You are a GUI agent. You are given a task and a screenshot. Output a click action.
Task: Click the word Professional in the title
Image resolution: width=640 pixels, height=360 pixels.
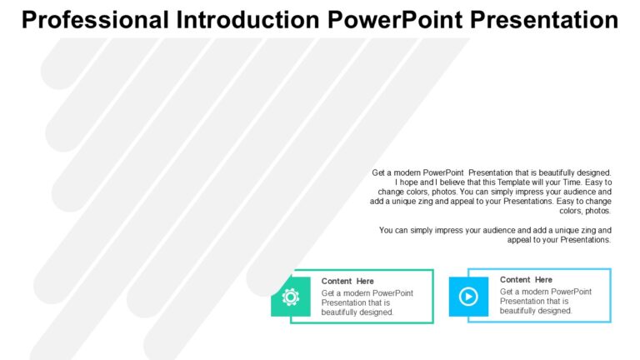click(x=95, y=20)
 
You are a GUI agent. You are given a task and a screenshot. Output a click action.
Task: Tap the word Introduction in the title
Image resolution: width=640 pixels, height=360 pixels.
click(x=248, y=20)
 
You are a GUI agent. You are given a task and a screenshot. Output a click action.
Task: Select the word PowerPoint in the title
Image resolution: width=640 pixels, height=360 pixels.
click(x=395, y=20)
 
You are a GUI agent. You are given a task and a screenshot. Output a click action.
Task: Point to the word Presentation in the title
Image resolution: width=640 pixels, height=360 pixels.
click(x=544, y=20)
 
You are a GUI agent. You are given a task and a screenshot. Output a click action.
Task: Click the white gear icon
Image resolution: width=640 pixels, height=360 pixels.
click(x=291, y=297)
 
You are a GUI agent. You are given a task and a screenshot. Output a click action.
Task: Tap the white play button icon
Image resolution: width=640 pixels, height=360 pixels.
click(x=468, y=297)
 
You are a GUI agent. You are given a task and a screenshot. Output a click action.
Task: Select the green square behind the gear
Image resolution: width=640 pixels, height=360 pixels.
click(x=291, y=297)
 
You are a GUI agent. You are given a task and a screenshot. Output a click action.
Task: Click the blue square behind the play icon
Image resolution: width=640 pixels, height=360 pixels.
click(x=468, y=297)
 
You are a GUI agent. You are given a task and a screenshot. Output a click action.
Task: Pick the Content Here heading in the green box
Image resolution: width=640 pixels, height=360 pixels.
click(x=347, y=281)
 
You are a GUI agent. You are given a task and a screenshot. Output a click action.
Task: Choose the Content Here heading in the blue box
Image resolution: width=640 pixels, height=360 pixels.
click(x=526, y=280)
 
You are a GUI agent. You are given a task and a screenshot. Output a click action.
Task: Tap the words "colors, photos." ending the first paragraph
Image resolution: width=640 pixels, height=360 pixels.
click(x=585, y=211)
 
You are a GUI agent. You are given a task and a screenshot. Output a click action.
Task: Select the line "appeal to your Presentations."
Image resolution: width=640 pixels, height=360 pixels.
click(x=559, y=240)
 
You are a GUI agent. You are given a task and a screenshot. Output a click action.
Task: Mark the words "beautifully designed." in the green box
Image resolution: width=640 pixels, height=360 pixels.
click(x=357, y=312)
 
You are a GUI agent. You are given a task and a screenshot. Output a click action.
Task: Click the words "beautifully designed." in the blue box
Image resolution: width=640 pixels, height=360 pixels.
click(x=536, y=311)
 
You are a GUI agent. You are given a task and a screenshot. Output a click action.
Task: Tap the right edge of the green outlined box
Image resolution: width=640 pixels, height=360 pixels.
click(x=432, y=297)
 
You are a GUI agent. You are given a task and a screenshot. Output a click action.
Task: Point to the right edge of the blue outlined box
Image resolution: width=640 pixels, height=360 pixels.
click(x=610, y=296)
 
